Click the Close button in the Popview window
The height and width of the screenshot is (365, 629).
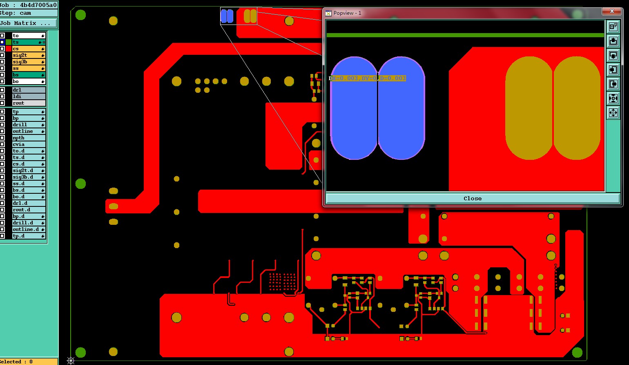[x=472, y=199]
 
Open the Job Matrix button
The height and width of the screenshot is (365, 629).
[x=25, y=23]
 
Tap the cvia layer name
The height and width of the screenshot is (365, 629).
[x=19, y=144]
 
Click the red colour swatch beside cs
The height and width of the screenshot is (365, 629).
[x=9, y=49]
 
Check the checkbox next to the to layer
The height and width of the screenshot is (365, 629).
[x=2, y=36]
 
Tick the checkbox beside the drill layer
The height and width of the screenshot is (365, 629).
[x=2, y=125]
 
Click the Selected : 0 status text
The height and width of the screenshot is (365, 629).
[x=16, y=362]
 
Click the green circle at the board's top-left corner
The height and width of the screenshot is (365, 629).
[x=80, y=15]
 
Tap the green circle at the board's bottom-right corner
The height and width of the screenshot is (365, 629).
[x=577, y=352]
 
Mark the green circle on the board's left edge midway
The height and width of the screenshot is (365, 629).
[x=80, y=184]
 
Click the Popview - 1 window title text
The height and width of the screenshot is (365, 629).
[x=347, y=13]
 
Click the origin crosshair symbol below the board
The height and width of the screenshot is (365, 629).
[x=71, y=361]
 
